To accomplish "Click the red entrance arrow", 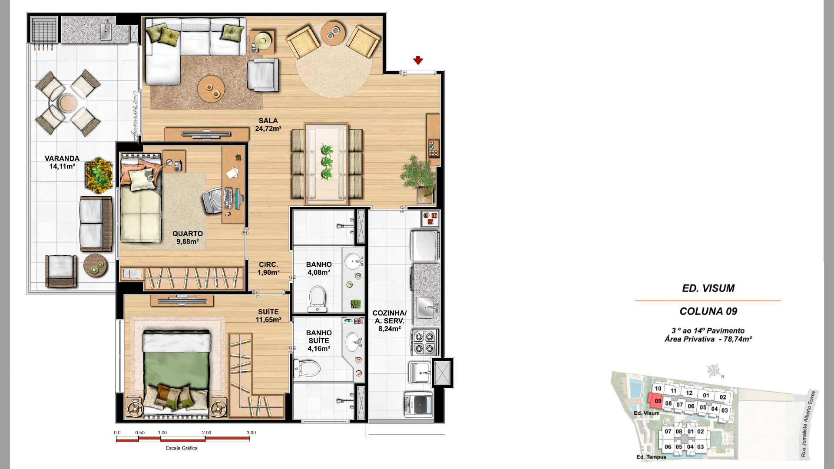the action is pos(418,60).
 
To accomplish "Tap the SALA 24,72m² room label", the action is pos(268,125).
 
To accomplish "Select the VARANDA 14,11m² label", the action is pos(62,162).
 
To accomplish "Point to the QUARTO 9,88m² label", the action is pos(188,238).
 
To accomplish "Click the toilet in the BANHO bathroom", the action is pos(318,298).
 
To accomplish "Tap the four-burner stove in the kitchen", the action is pos(424,342).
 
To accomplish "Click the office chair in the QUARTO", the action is pos(213,200).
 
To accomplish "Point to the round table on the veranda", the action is pos(68,104).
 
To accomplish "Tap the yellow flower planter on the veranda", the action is pos(99,175).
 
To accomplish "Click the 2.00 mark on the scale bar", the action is pos(207,433).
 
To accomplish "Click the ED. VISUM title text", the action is pos(708,288).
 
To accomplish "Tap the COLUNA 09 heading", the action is pos(708,311).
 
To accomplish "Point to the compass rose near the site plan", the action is pos(713,370).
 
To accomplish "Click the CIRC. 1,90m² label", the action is pos(268,268).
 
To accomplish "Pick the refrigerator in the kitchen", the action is pos(425,246).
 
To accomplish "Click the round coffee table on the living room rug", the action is pos(211,89).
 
